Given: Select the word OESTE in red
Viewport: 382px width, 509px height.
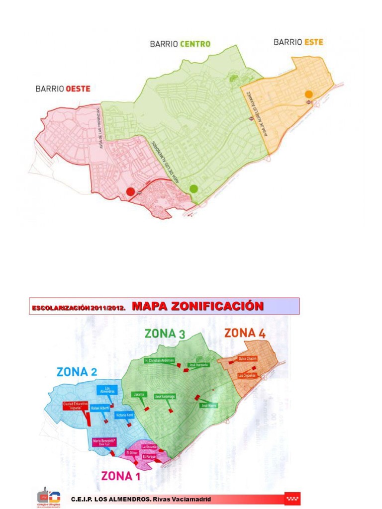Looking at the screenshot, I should [78, 89].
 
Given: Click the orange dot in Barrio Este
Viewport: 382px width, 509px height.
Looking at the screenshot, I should [309, 94].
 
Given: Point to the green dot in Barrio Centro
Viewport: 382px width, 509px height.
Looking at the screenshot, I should [193, 188].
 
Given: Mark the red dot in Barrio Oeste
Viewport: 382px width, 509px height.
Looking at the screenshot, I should [130, 191].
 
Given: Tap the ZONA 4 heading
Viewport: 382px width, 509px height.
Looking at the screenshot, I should [244, 333].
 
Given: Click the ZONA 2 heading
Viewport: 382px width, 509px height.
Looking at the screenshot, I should [77, 371].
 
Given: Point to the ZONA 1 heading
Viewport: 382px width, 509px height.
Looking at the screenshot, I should [121, 476].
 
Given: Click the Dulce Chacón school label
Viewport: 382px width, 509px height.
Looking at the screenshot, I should [247, 358].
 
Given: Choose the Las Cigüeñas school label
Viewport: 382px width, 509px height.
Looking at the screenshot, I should [247, 375].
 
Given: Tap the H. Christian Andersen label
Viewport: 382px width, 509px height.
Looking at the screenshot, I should [159, 360].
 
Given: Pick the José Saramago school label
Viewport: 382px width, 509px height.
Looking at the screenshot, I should [165, 396].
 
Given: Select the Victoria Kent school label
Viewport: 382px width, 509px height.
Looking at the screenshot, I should [124, 415].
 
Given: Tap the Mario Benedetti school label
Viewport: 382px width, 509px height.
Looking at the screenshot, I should [104, 442].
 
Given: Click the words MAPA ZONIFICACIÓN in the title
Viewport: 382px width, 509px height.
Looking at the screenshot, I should [197, 306].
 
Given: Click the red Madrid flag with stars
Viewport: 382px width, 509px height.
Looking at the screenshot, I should [292, 499].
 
